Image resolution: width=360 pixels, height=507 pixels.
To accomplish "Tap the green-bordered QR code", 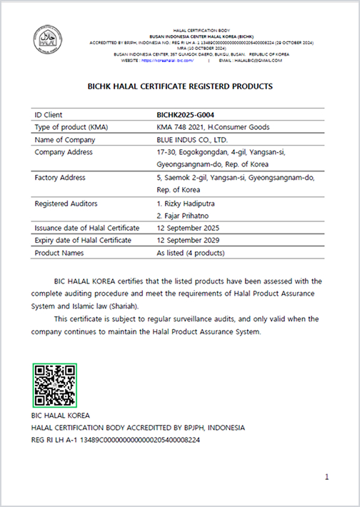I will [x=55, y=385].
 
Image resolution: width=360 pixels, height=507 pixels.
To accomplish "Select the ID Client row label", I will [x=49, y=114].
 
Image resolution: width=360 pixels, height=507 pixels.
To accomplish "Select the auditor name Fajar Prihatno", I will [x=184, y=215].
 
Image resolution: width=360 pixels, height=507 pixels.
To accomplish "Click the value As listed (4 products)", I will [x=191, y=252].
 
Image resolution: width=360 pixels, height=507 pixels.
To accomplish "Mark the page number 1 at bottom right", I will [x=326, y=476].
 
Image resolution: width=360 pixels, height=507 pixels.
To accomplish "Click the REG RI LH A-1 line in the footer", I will [x=116, y=439].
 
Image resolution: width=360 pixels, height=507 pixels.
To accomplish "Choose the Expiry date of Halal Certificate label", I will [x=83, y=240].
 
